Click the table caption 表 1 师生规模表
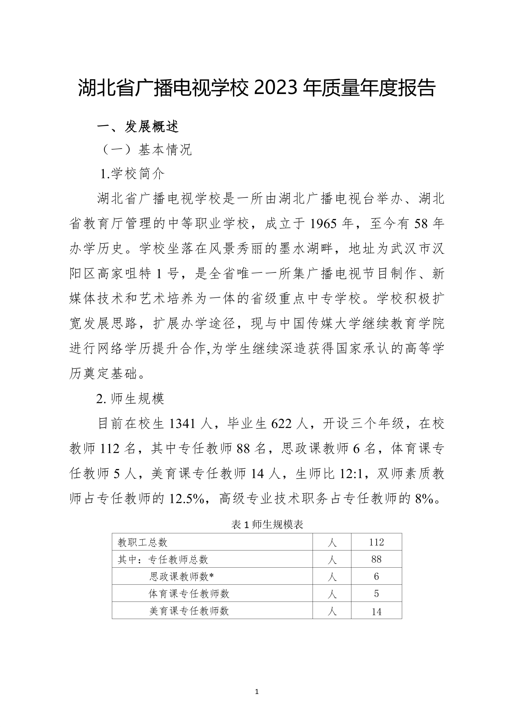(x=267, y=525)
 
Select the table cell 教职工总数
(x=142, y=542)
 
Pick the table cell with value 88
(x=376, y=559)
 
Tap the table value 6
(x=376, y=577)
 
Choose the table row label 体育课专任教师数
(x=189, y=594)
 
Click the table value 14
(x=376, y=611)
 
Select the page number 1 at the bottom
(x=256, y=692)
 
